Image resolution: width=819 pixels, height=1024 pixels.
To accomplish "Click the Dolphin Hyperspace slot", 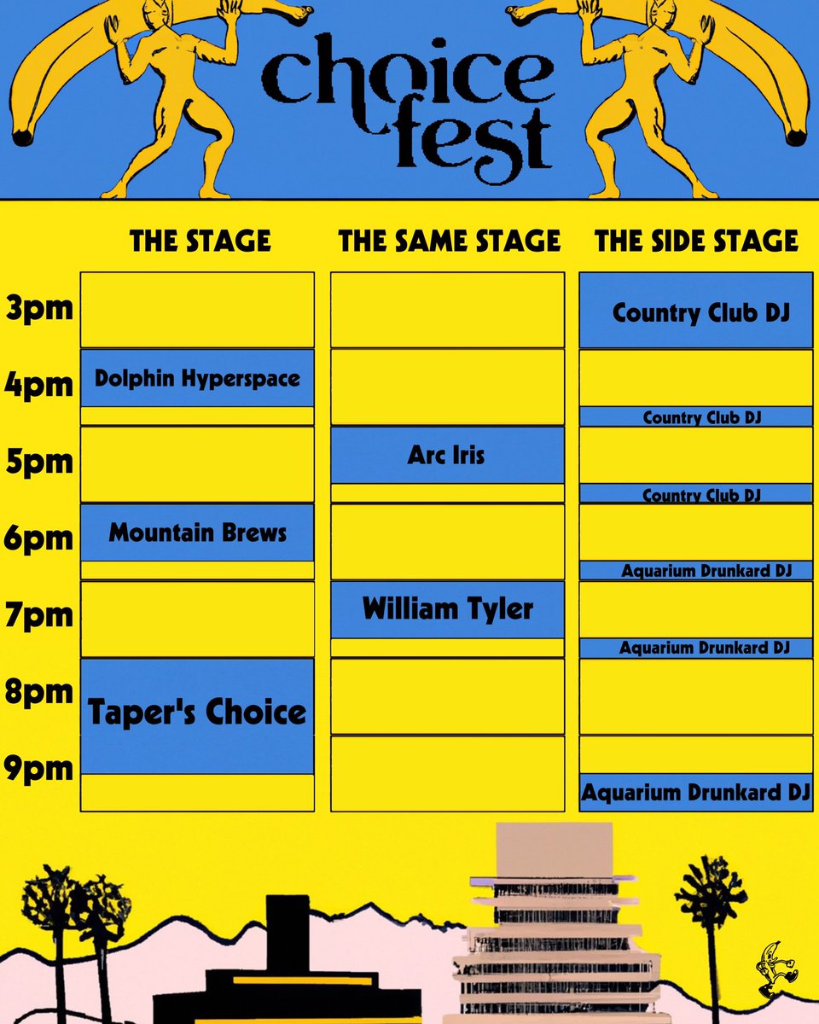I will (197, 378).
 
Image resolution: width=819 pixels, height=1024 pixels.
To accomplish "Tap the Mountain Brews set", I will (197, 533).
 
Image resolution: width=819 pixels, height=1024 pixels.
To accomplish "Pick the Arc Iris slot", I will (447, 455).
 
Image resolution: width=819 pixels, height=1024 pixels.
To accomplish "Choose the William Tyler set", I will (447, 609).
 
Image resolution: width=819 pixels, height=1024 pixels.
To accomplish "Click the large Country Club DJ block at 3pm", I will (696, 311).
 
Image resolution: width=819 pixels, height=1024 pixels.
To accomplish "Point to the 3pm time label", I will (39, 308).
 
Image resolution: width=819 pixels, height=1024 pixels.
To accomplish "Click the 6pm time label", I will (39, 539).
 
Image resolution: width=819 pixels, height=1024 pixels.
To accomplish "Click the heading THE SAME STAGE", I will (450, 241).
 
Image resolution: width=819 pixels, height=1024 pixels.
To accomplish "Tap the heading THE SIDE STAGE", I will (696, 241).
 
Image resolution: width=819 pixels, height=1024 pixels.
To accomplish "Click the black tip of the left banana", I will (23, 136).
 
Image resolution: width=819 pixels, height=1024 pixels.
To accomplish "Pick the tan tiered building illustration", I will (555, 922).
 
